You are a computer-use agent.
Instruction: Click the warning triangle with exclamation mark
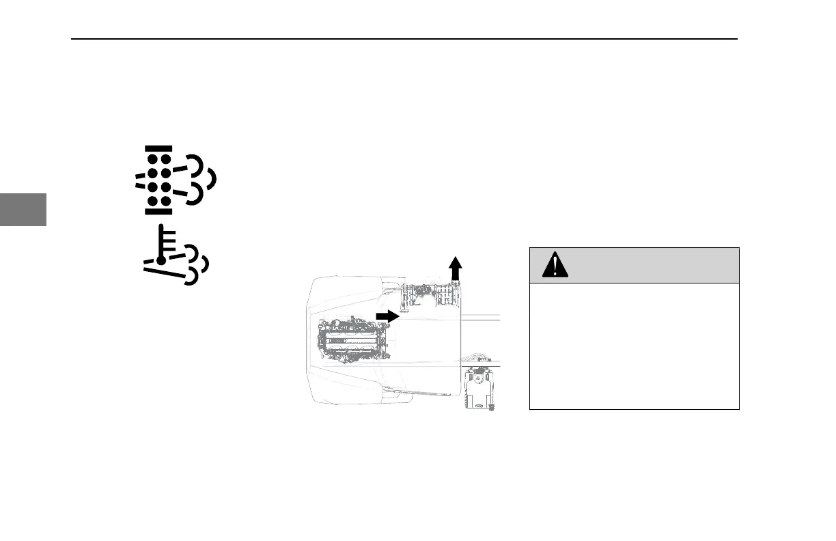click(x=555, y=265)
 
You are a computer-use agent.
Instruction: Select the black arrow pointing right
click(x=387, y=316)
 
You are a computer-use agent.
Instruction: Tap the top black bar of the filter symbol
click(x=158, y=148)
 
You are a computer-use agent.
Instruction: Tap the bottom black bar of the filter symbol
click(x=158, y=211)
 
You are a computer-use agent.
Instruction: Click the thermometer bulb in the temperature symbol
click(x=161, y=261)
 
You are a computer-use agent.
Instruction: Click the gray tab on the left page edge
click(x=23, y=209)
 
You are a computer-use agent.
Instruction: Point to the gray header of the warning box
click(x=634, y=265)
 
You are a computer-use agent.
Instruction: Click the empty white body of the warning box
click(x=634, y=346)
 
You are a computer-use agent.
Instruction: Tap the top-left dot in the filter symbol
click(x=152, y=160)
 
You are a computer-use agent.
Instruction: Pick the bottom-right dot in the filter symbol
click(x=165, y=201)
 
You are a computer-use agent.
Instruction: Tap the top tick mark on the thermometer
click(x=169, y=235)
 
